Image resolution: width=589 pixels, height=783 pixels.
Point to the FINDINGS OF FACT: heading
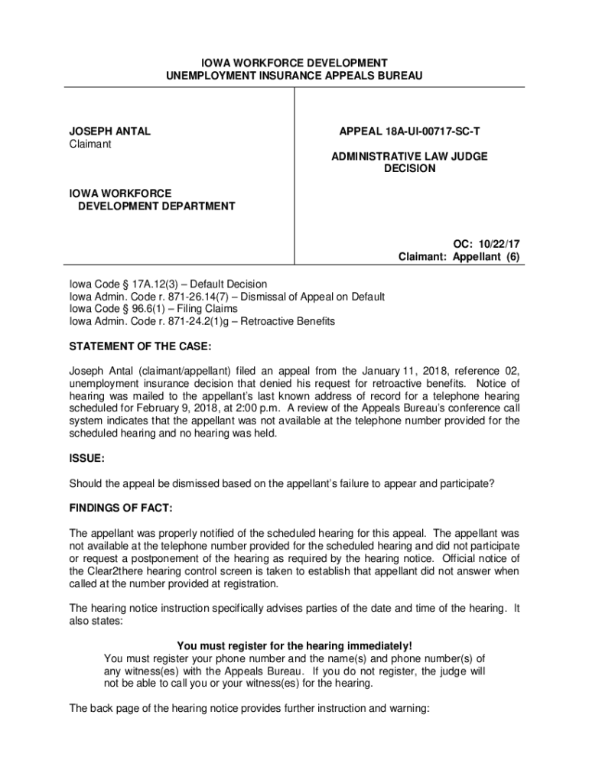(x=121, y=508)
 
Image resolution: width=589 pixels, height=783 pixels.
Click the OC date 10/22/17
(x=497, y=244)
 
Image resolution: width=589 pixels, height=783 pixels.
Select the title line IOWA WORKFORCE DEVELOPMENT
(x=294, y=62)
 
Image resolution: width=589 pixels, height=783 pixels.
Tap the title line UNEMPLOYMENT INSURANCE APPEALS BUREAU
(x=294, y=76)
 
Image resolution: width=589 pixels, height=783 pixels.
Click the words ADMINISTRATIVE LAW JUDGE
(x=409, y=156)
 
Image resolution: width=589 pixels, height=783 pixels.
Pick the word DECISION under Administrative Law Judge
(x=409, y=168)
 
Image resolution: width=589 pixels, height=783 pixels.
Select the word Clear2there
(x=119, y=570)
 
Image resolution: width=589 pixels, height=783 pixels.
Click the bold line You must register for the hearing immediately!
(x=294, y=645)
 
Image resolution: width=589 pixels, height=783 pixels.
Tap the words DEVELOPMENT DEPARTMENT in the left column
(x=157, y=206)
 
